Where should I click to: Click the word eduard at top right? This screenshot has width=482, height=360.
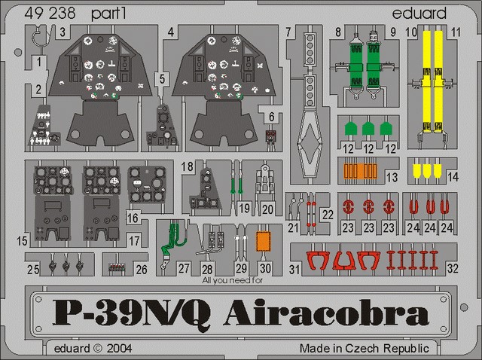[419, 14]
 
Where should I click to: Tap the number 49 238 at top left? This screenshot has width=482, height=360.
[50, 14]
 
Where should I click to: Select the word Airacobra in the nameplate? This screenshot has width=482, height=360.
[326, 312]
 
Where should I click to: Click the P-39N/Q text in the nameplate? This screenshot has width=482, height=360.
[132, 313]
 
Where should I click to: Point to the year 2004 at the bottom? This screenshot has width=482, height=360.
[119, 348]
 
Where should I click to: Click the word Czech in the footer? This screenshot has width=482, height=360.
[362, 348]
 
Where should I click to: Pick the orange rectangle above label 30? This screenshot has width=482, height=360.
[264, 241]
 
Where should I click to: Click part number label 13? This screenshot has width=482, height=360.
[392, 178]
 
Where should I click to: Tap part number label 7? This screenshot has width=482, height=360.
[288, 32]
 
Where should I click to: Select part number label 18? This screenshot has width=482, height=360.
[188, 166]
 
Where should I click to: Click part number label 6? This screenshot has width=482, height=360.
[271, 117]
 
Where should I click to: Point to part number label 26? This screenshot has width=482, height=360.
[142, 270]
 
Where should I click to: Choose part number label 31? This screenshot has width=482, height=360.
[294, 270]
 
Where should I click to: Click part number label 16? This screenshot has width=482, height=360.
[133, 218]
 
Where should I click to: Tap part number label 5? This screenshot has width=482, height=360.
[162, 79]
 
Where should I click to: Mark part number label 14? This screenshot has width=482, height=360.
[453, 177]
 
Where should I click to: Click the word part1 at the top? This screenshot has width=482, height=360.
[108, 14]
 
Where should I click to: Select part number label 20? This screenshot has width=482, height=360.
[267, 209]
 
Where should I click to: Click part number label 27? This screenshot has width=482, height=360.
[184, 268]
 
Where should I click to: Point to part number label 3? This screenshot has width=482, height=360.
[63, 32]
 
